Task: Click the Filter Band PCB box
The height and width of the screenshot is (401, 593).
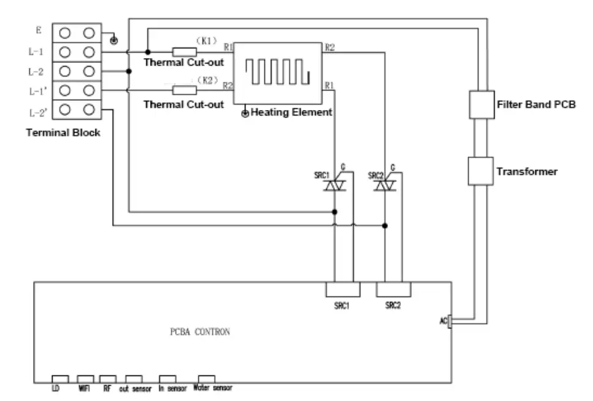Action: point(481,105)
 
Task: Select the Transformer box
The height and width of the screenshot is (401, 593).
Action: point(481,171)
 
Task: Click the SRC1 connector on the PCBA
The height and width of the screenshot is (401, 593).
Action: point(342,289)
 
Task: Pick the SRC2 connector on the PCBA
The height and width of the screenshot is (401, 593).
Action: point(393,289)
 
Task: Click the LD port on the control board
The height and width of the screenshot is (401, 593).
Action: point(59,378)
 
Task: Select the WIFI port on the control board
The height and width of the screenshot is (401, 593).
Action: point(84,378)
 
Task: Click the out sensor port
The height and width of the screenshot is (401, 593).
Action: point(134,378)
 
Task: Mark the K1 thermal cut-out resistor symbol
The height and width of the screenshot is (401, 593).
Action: point(184,52)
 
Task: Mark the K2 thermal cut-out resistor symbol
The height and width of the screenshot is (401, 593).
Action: point(184,90)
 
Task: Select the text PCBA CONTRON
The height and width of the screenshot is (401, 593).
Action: point(200,333)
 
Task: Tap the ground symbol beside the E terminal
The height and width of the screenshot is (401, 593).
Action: point(113,41)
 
